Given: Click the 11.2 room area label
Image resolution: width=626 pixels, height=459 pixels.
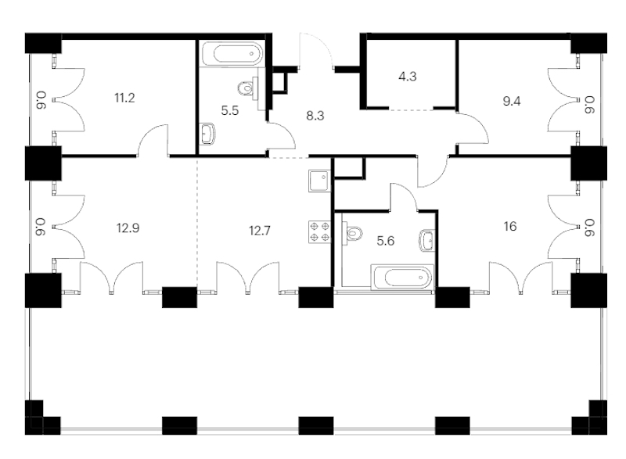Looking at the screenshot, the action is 124,98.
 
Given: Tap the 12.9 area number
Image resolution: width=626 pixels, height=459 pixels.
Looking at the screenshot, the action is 128,228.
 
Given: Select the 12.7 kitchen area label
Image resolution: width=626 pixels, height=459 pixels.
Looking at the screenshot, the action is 260,231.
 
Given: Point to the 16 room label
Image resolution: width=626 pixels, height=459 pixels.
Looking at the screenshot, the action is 510,227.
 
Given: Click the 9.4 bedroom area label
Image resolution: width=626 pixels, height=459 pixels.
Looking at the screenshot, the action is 512,102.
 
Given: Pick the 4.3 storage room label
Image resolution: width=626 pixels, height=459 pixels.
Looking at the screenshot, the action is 407,76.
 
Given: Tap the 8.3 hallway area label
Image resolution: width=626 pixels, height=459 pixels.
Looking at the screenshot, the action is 315,116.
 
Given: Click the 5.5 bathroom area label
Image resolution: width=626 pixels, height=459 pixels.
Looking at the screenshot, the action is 229,110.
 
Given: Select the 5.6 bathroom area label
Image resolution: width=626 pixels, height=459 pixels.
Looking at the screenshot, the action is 385,241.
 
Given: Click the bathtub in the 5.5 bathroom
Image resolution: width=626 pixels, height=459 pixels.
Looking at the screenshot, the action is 232,53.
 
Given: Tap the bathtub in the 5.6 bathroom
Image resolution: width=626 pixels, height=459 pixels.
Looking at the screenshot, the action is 401,276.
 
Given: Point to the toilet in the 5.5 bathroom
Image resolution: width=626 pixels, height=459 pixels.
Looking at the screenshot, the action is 247,88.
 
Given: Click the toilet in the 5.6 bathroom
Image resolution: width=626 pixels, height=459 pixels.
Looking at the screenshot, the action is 354,231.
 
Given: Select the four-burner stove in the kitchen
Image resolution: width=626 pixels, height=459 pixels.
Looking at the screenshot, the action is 319,232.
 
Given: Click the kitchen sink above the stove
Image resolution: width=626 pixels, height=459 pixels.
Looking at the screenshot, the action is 319,181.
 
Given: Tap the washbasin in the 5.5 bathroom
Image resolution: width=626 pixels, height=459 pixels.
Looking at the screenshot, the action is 207,133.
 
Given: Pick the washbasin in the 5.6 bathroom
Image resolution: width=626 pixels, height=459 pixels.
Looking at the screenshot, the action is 426,241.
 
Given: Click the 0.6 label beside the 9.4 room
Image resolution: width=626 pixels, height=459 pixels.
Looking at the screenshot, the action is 590,106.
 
